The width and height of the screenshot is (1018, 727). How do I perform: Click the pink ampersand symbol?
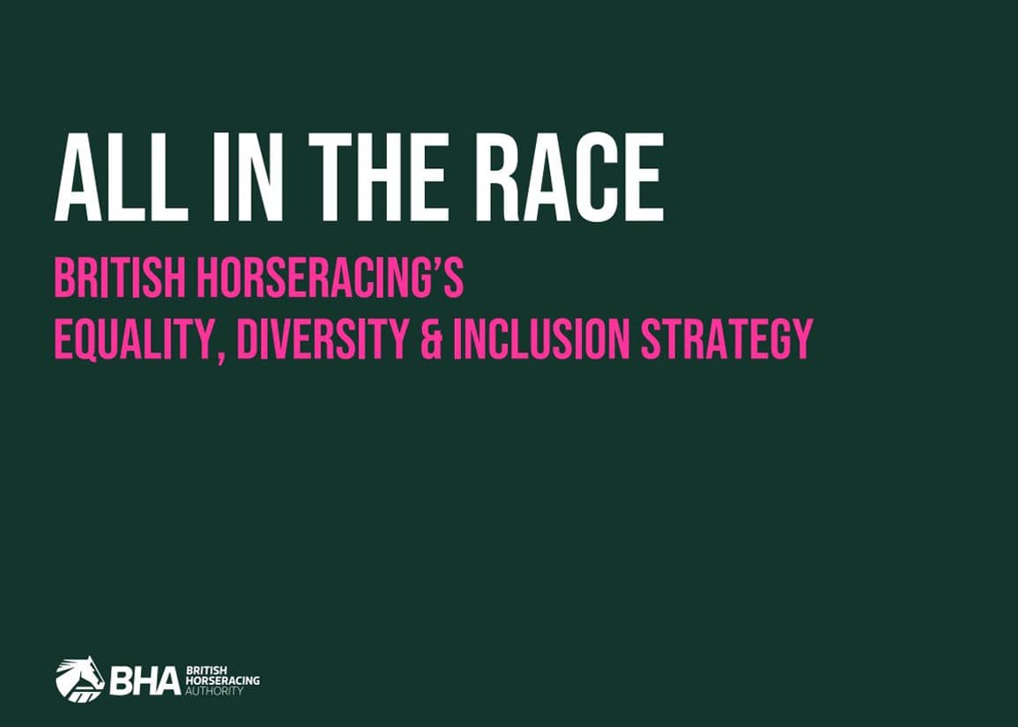(x=430, y=339)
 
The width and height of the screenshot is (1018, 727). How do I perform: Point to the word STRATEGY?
(x=724, y=338)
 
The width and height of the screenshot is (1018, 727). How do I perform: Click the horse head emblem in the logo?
(x=79, y=679)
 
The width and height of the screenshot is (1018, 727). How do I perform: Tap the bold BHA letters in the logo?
(x=145, y=680)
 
